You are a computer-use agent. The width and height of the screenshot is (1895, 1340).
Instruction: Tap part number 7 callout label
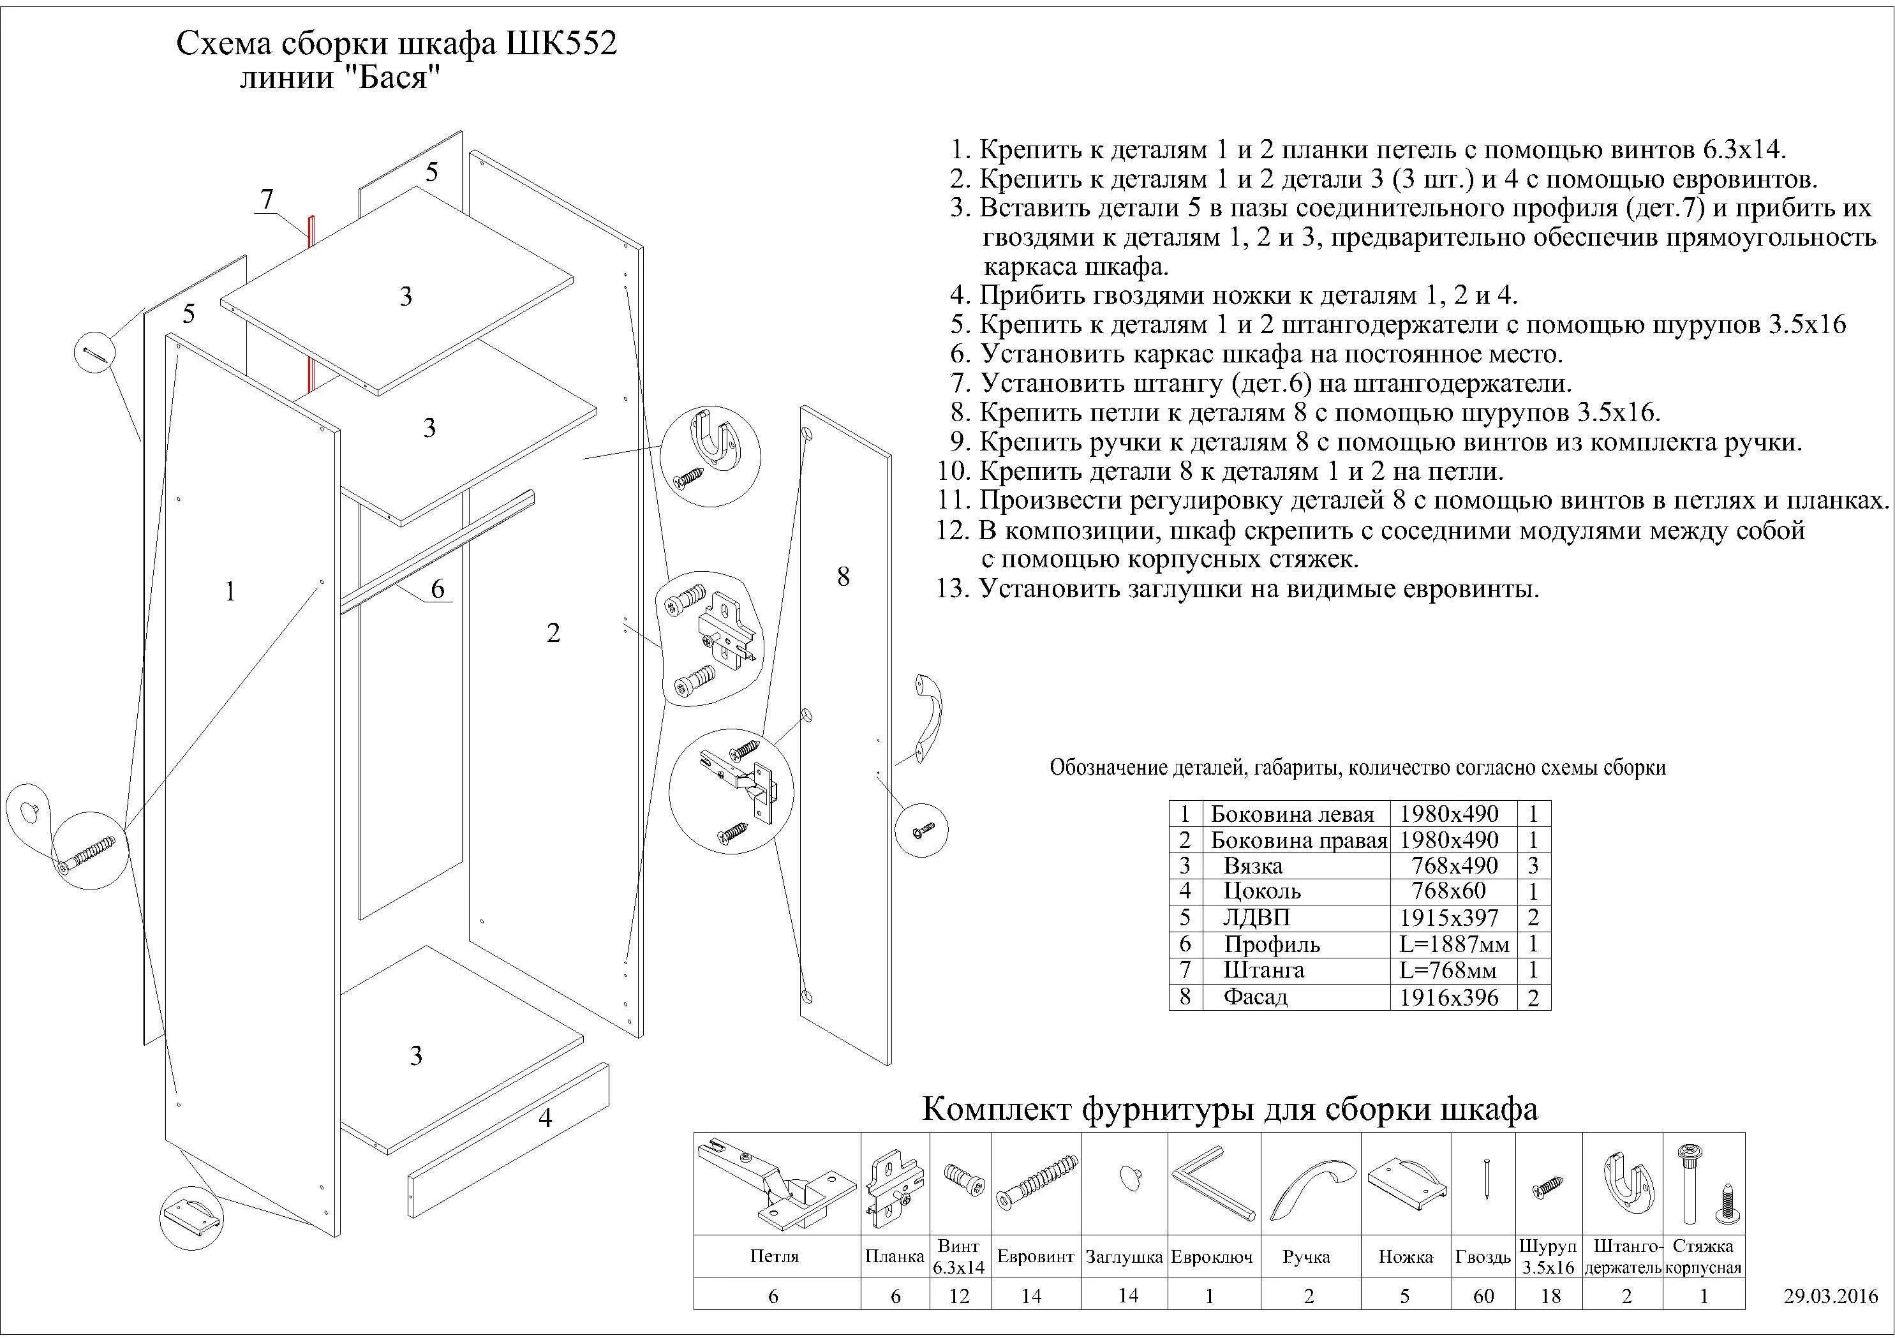(267, 199)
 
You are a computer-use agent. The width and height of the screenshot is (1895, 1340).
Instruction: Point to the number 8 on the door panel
(843, 576)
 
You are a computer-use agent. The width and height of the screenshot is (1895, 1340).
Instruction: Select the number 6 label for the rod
(438, 589)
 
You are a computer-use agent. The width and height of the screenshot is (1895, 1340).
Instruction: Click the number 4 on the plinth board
(545, 1118)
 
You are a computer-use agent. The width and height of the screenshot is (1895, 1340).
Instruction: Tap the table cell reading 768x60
(1448, 891)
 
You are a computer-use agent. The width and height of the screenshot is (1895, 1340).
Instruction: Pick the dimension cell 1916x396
(1448, 997)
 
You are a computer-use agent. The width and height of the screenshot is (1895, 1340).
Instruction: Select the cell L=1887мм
(1454, 944)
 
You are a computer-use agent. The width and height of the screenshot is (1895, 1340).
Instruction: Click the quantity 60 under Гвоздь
(1483, 1296)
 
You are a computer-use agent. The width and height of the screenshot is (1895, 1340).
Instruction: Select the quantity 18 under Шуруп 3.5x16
(1550, 1296)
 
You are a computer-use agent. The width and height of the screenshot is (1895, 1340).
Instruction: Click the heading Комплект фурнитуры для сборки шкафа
(1229, 1109)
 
